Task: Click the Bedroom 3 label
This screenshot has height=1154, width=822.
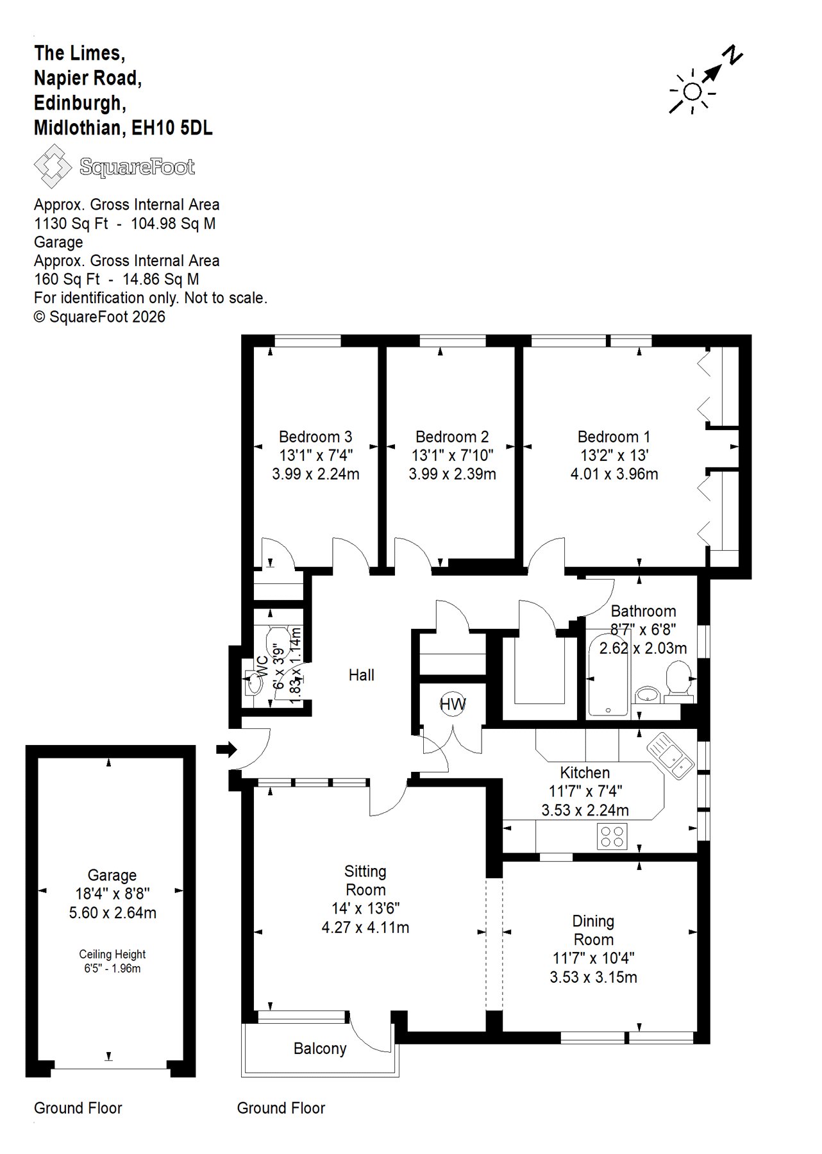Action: tap(315, 437)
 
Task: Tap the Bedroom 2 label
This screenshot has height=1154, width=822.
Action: tap(452, 437)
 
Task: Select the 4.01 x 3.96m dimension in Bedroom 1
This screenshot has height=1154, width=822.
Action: tap(614, 474)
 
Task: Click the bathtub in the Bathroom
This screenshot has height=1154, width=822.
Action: tap(608, 674)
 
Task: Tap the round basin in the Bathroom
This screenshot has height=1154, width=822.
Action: tap(648, 694)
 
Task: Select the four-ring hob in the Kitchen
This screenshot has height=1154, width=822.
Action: tap(612, 836)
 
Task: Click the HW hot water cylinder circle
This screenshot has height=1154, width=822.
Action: tap(453, 705)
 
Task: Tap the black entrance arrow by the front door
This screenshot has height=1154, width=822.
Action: tap(227, 749)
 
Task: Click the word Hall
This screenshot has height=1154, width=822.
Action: tap(362, 675)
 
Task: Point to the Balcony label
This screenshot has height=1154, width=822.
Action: tap(320, 1049)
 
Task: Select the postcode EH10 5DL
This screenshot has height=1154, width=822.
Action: tap(172, 128)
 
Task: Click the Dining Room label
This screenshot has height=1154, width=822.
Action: tap(594, 931)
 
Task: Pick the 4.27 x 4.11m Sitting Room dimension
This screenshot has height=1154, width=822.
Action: tap(365, 928)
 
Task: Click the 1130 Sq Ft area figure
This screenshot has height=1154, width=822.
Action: tap(71, 224)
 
